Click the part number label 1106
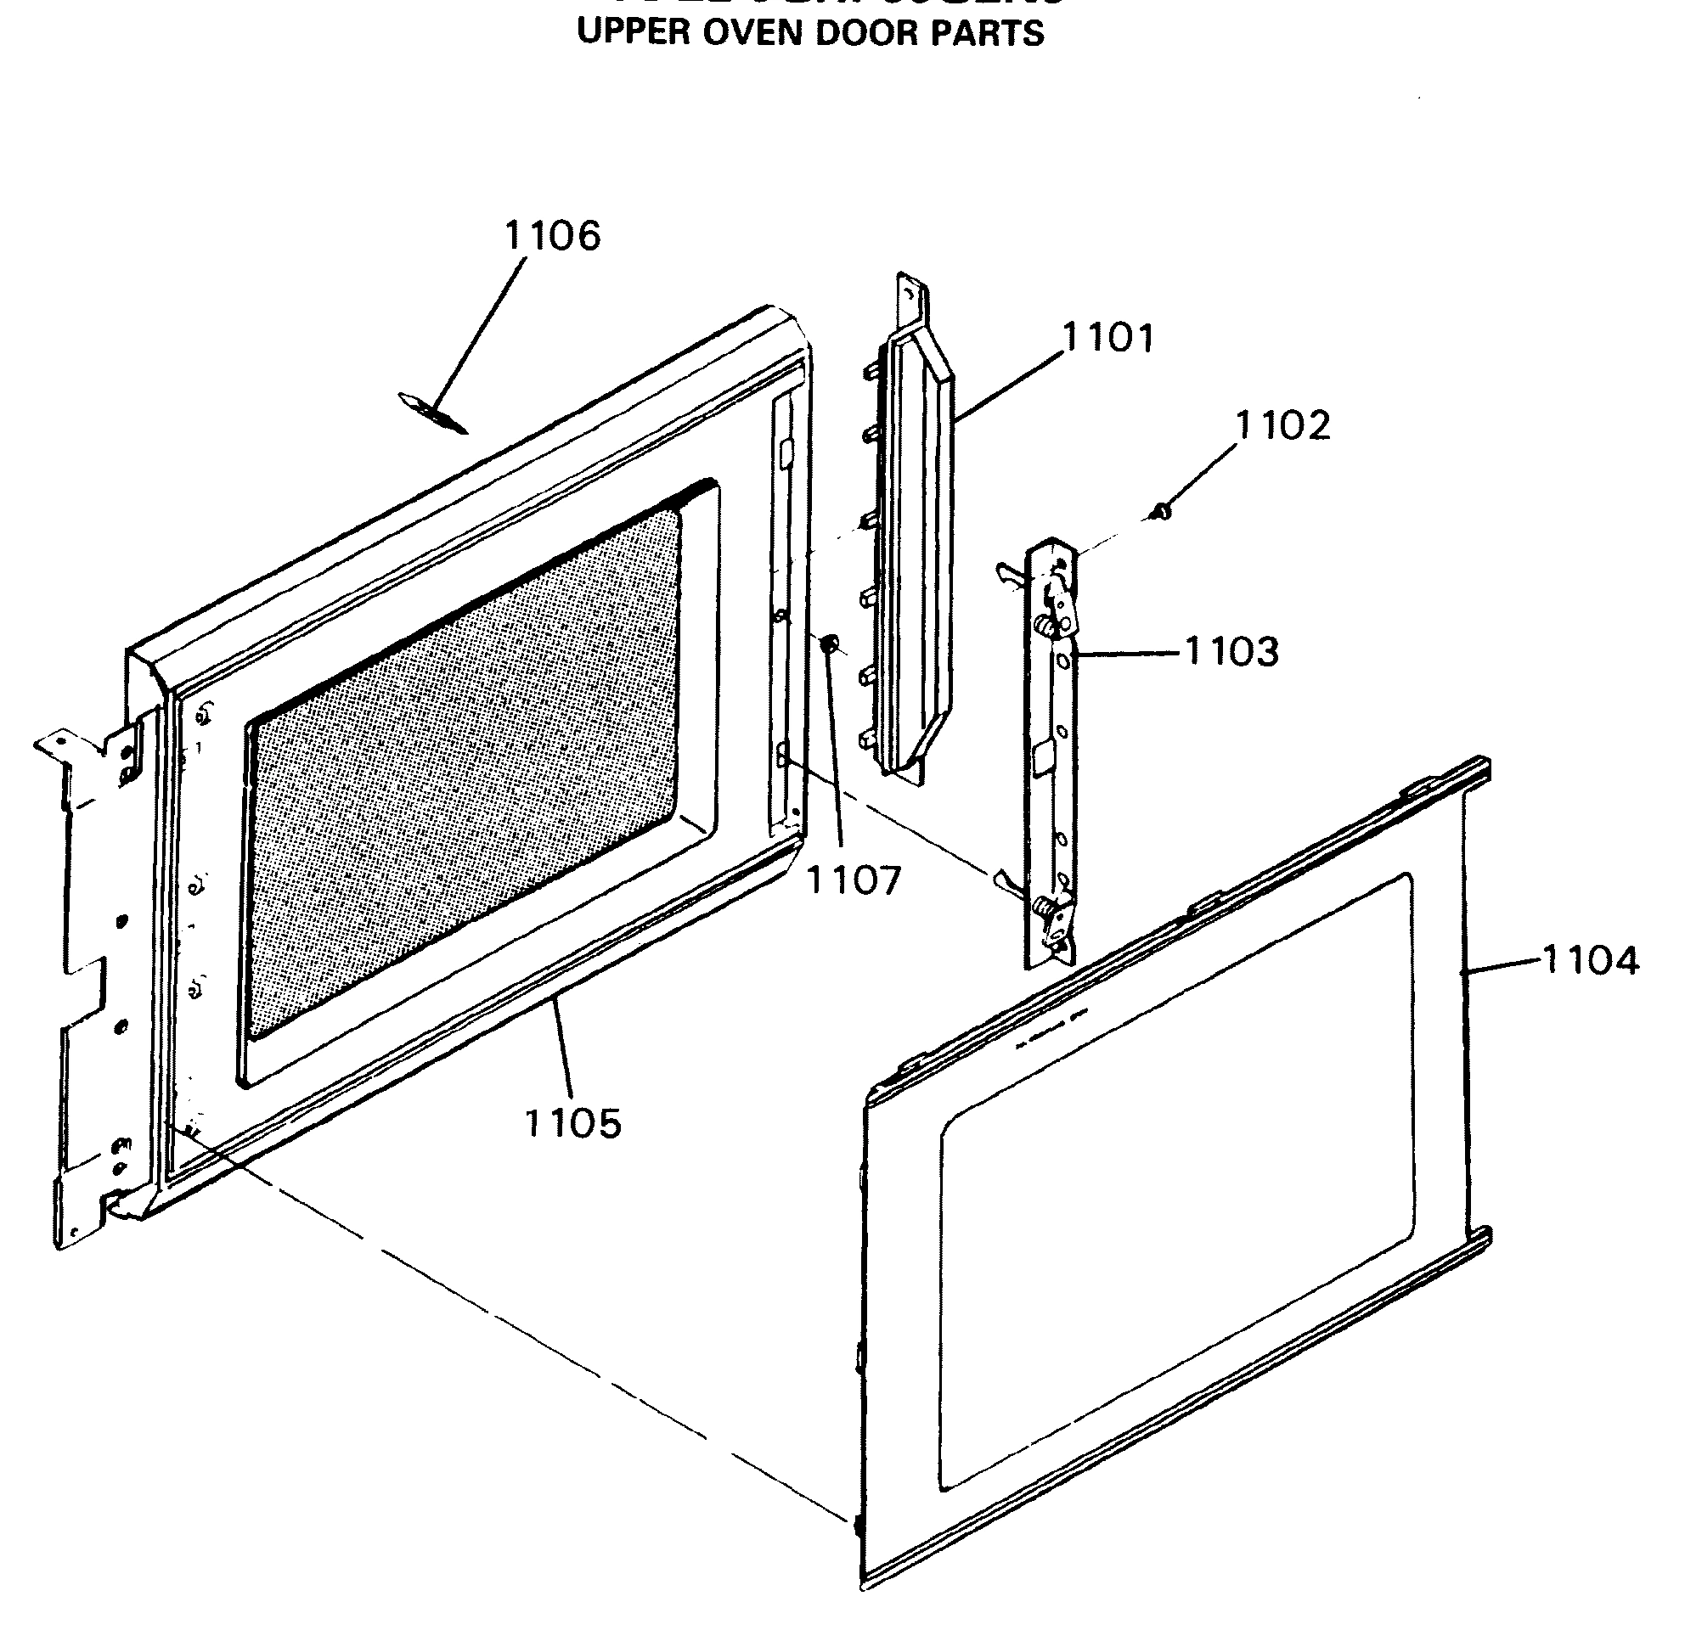(x=552, y=235)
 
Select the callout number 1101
(x=1108, y=338)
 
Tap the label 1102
(x=1282, y=425)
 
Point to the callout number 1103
(x=1231, y=651)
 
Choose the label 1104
(x=1591, y=960)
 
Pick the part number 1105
(x=572, y=1122)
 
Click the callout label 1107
(x=854, y=880)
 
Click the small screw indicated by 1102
(x=1161, y=513)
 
